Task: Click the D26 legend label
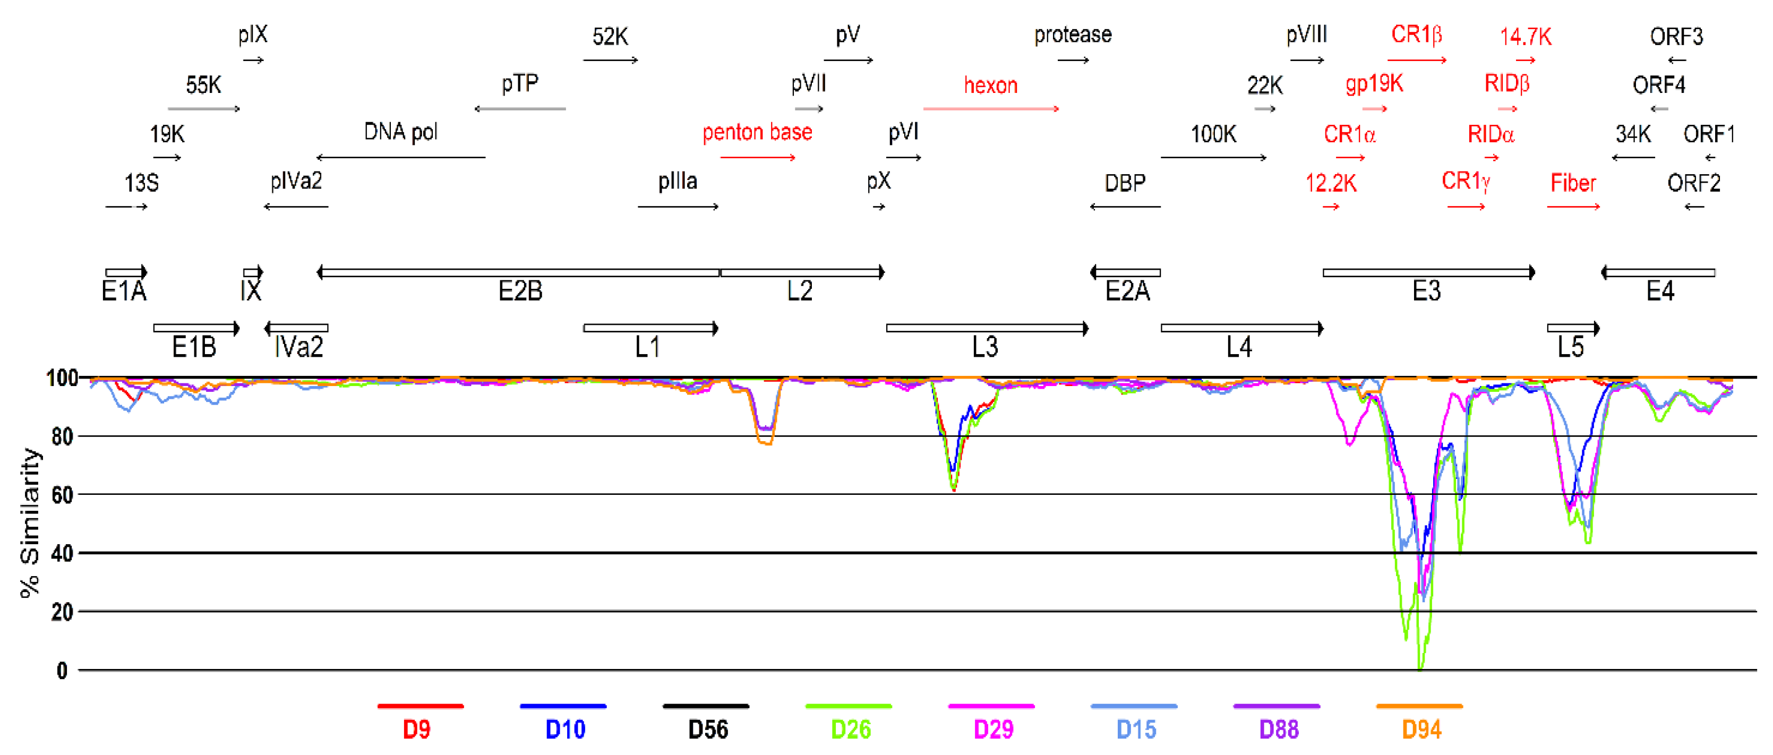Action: coord(851,729)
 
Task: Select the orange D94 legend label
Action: coord(1421,729)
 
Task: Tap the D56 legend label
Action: coord(707,729)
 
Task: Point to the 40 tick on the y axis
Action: coord(62,553)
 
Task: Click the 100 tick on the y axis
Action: coord(62,377)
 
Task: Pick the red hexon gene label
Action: coord(990,85)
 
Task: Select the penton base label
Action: coord(757,132)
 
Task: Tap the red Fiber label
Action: coord(1573,183)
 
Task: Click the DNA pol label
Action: coord(400,132)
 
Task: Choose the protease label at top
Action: coord(1072,35)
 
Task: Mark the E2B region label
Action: coord(520,291)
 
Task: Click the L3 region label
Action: coord(985,347)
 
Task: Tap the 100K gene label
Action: coord(1213,134)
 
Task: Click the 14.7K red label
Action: coord(1525,37)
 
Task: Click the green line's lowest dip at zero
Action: coord(1420,667)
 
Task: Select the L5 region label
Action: coord(1571,347)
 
